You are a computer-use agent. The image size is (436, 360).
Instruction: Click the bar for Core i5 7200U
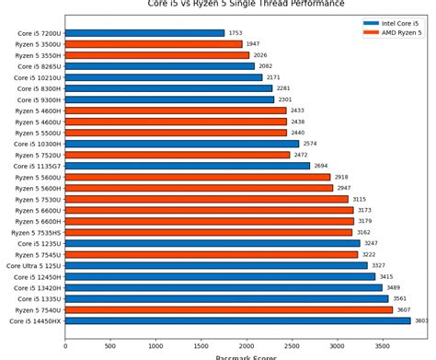pos(144,33)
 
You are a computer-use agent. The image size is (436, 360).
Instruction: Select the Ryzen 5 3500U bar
pos(154,44)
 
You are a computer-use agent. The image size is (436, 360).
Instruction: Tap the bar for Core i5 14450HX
pos(237,320)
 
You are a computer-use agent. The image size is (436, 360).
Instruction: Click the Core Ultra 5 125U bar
pos(216,265)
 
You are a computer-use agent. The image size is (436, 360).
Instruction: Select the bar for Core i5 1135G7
pos(188,166)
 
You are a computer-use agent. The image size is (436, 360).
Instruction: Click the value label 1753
pos(236,33)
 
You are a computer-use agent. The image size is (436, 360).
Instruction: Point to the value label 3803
pos(421,320)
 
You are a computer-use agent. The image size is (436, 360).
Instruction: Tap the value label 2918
pos(341,177)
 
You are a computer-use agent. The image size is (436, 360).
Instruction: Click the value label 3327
pos(378,265)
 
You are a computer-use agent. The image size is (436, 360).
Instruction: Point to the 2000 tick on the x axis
pos(246,347)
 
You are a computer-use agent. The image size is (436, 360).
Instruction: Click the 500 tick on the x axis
pos(110,347)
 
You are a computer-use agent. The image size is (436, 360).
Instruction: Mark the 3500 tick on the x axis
pos(382,347)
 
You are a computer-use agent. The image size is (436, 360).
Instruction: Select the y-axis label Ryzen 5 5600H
pos(38,188)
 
